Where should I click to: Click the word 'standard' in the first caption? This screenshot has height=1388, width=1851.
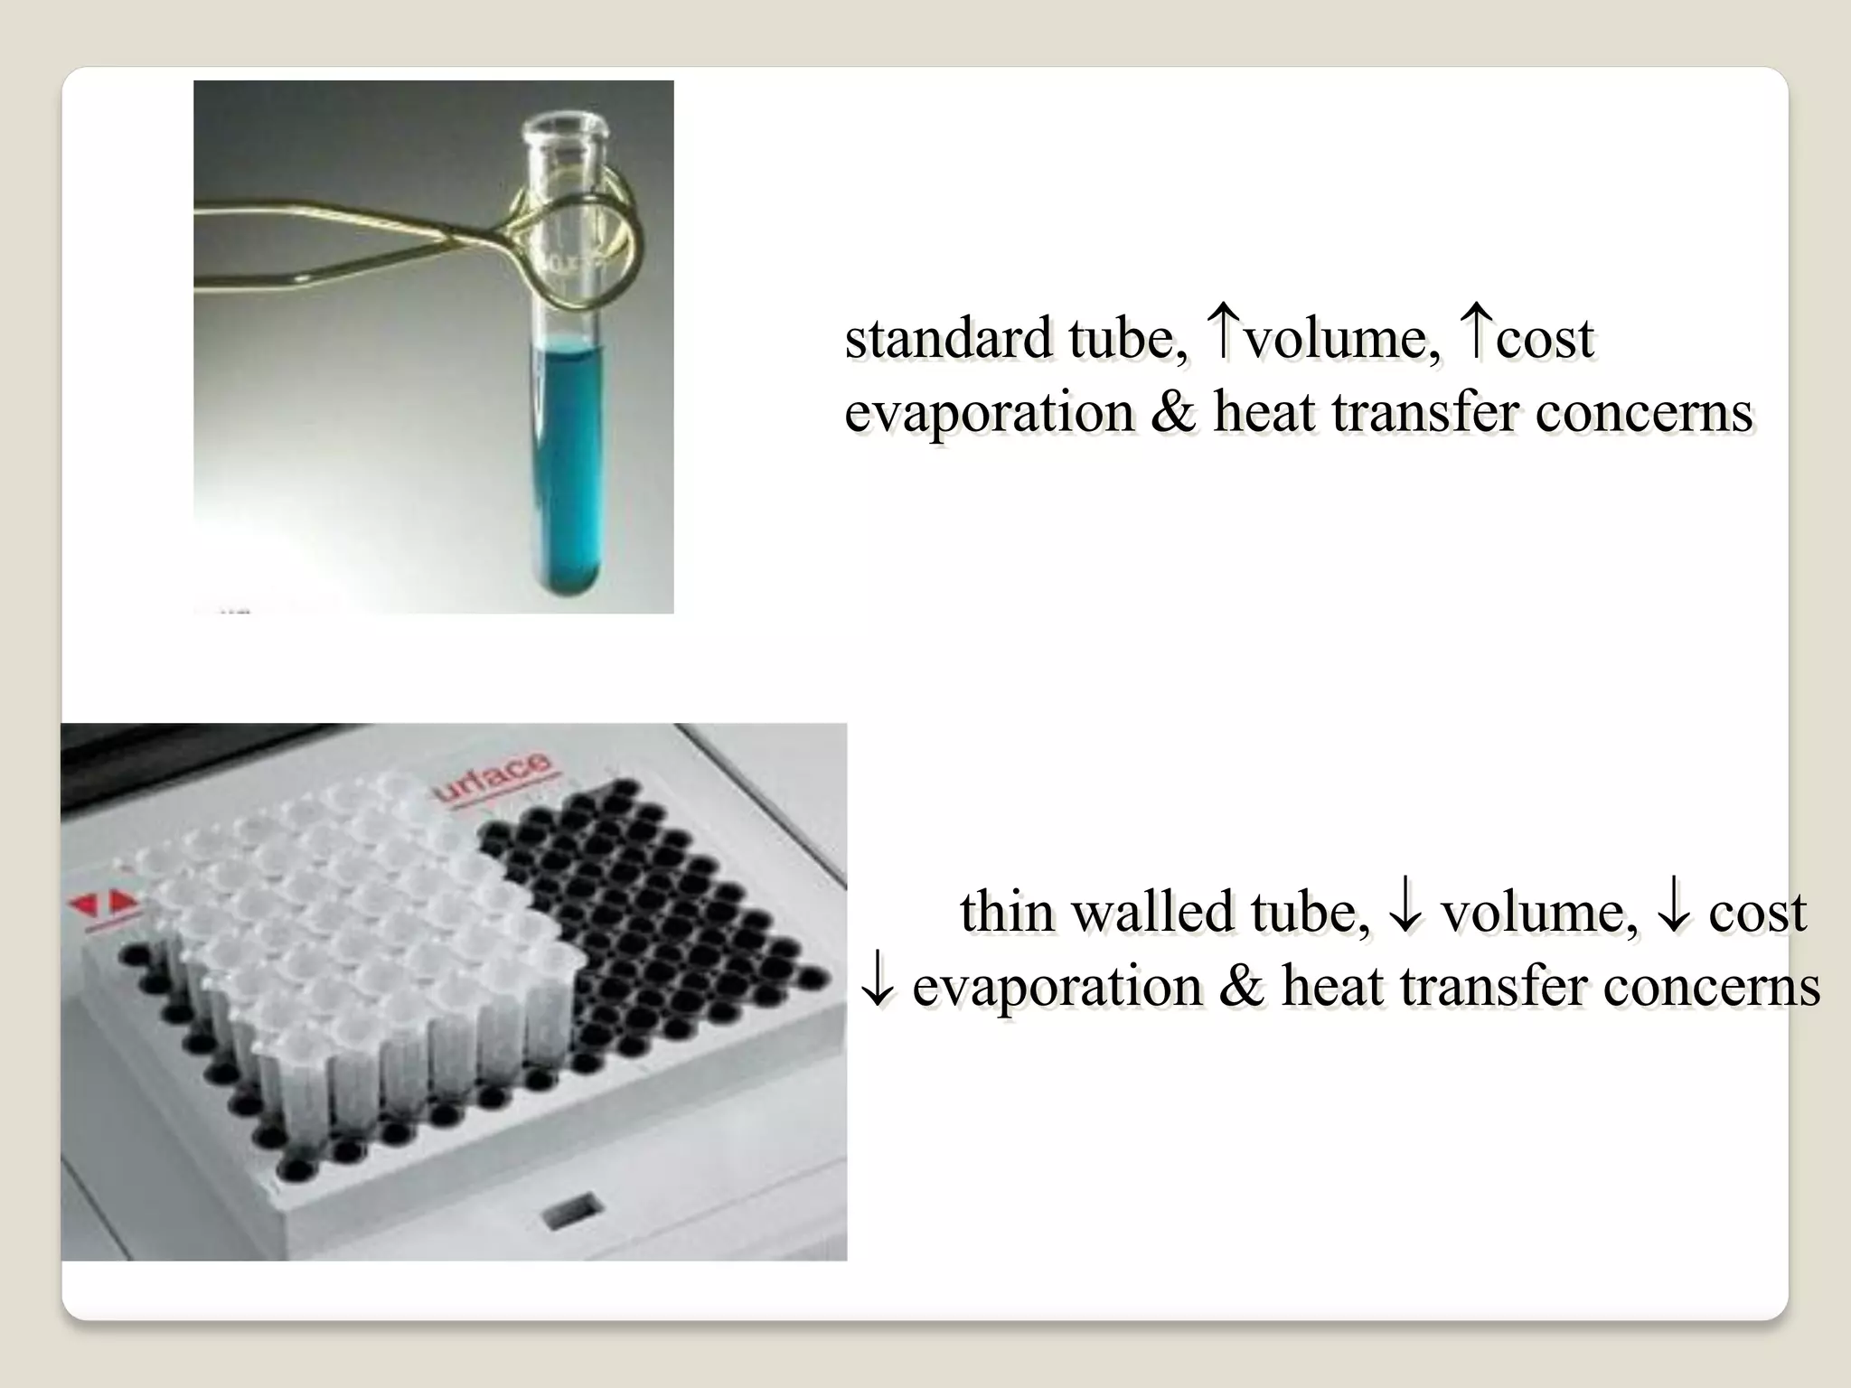click(947, 339)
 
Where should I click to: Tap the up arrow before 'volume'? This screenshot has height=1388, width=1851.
click(1221, 332)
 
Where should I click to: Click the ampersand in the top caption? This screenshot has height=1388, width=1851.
click(1173, 412)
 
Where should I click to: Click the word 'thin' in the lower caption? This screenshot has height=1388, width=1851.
click(1005, 912)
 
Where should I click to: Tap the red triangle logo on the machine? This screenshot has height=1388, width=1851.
click(102, 903)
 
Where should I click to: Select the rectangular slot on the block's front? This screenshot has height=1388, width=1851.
click(570, 1208)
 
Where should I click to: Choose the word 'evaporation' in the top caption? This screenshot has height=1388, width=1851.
click(988, 412)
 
